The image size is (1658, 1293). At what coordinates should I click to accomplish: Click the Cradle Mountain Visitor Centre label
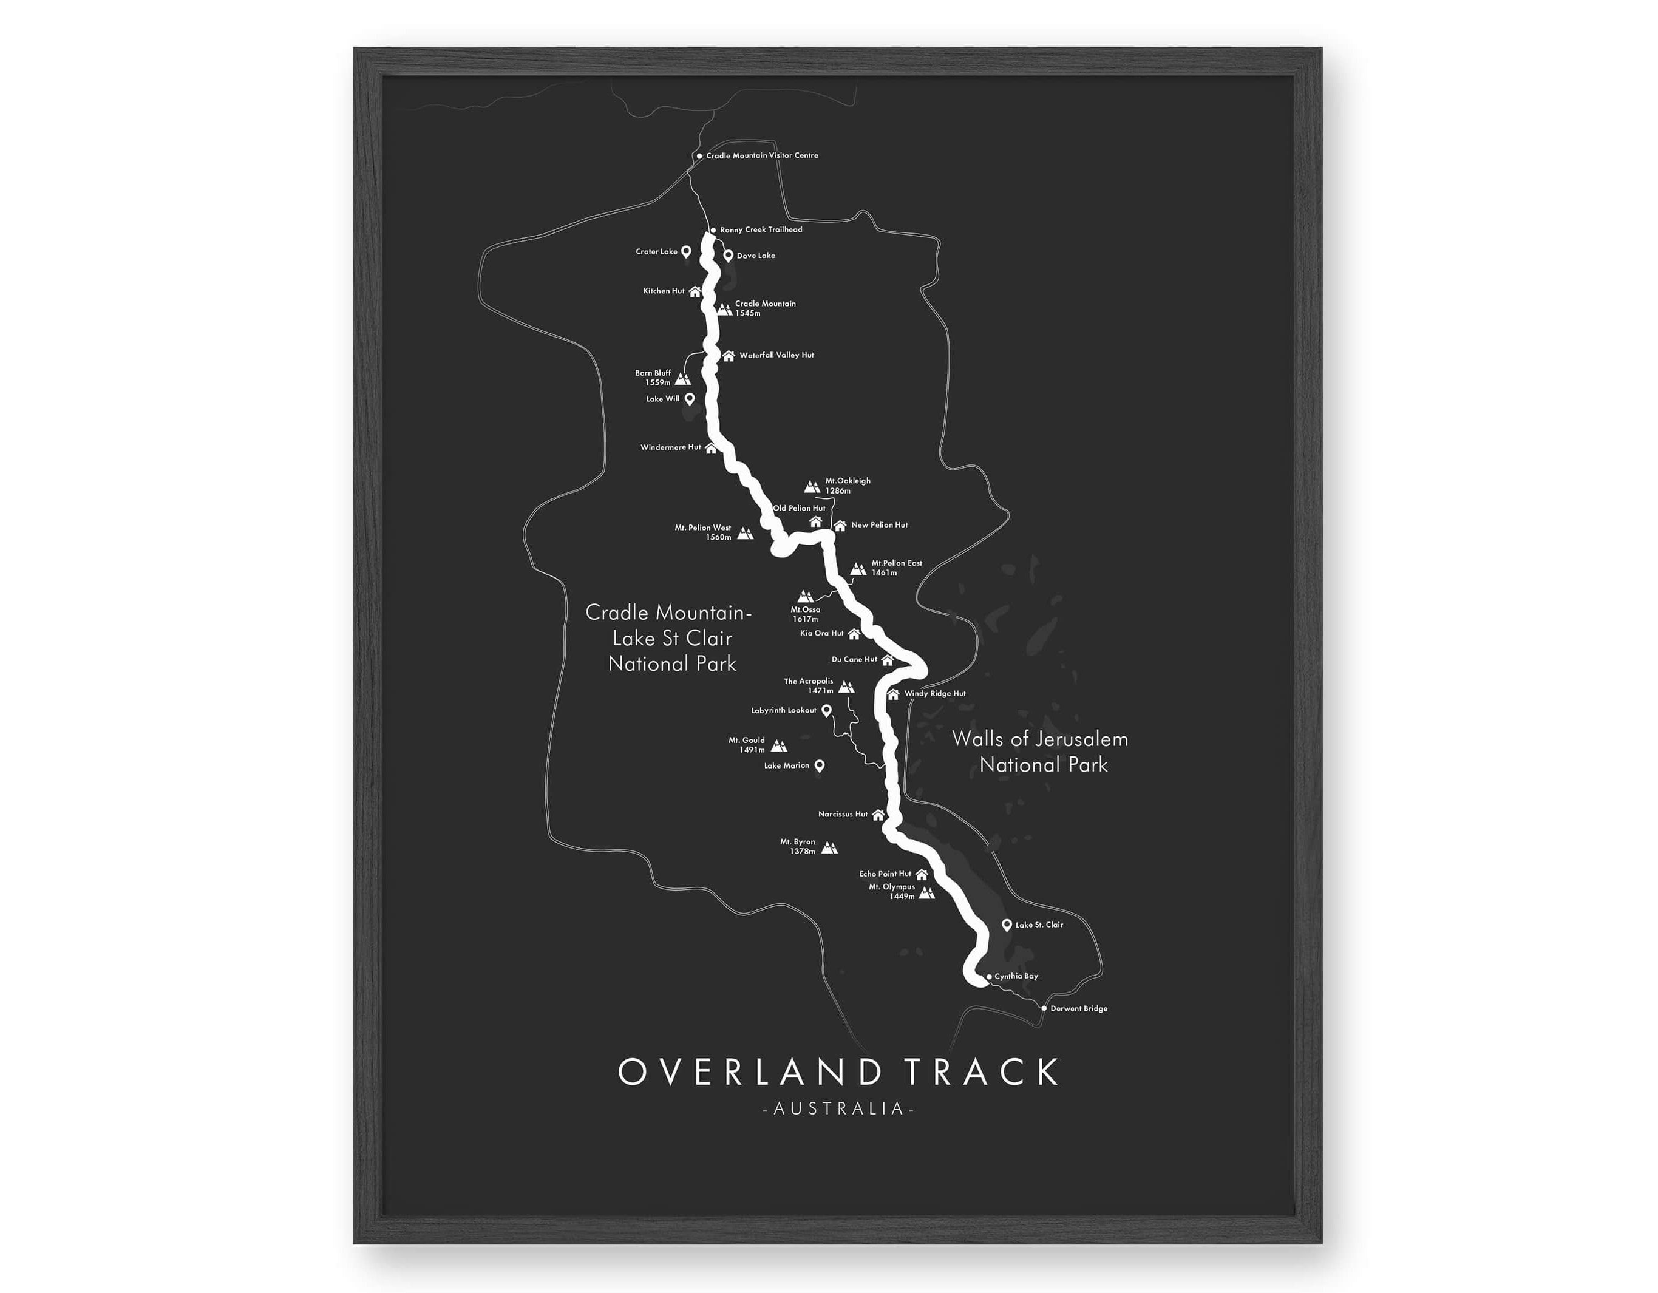point(761,155)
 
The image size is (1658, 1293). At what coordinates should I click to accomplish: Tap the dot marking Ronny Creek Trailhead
point(713,230)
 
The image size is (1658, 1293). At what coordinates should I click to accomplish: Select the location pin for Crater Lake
point(685,251)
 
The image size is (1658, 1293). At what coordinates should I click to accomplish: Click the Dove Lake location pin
point(728,255)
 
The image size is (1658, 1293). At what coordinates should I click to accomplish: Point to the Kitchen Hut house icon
point(695,291)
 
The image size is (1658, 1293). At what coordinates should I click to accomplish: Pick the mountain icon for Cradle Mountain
point(724,309)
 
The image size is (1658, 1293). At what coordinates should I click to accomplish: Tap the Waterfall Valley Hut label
point(776,355)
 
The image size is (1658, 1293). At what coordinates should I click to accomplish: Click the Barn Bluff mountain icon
point(682,378)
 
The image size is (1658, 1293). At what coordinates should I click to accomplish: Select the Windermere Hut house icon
point(710,448)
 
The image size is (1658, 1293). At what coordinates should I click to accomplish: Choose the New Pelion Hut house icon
point(840,526)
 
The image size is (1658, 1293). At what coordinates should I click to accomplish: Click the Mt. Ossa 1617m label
point(806,614)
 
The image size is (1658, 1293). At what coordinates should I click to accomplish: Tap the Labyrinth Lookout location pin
point(827,711)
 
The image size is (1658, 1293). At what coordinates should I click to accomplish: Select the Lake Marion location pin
point(819,766)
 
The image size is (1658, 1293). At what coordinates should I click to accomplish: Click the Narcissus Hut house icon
point(878,815)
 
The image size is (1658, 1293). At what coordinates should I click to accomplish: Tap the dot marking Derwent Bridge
point(1044,1009)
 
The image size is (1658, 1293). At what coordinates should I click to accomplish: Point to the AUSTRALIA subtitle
point(838,1109)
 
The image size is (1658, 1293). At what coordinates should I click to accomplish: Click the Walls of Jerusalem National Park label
point(1041,752)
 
